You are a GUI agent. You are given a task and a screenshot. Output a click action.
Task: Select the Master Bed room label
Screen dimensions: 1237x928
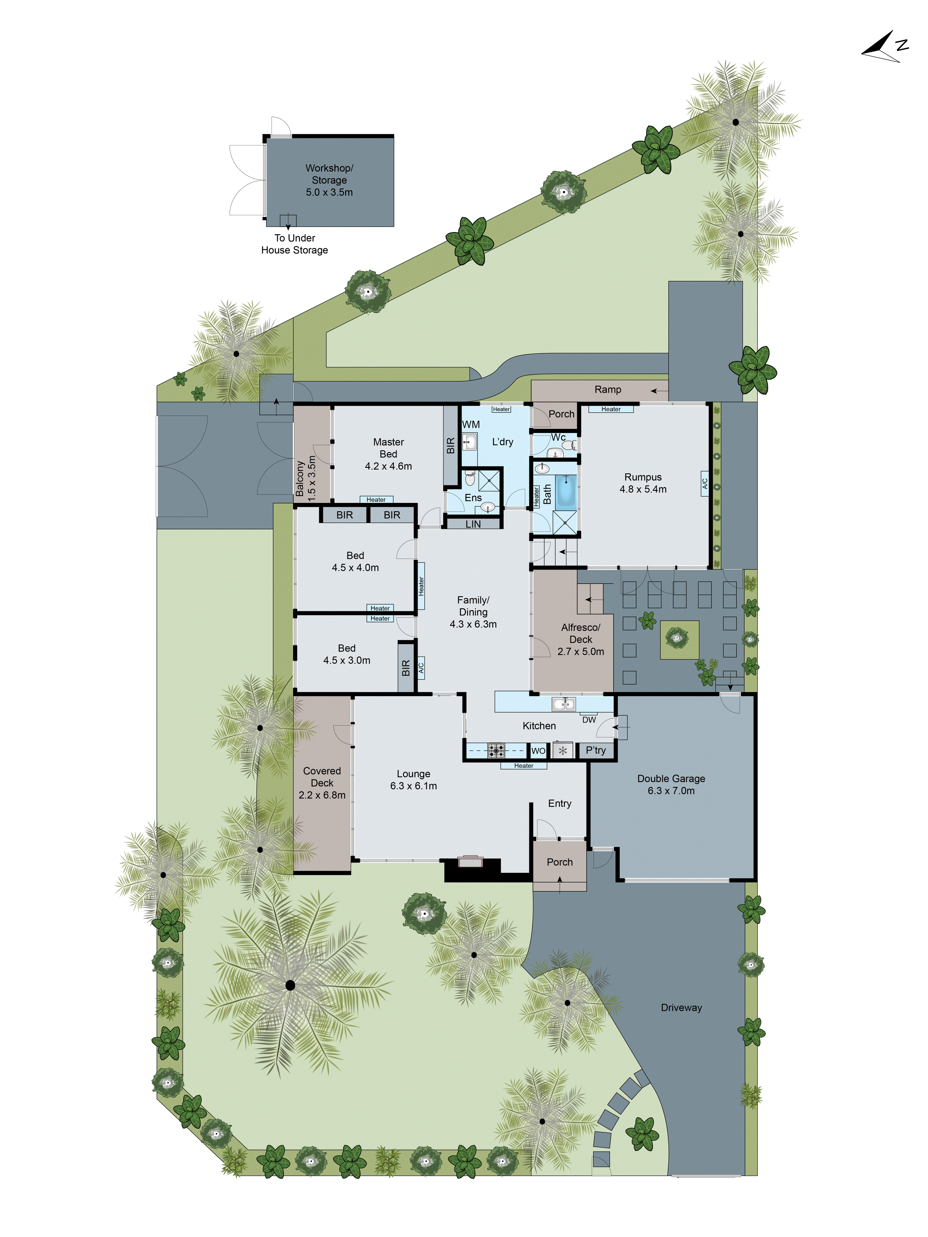click(388, 454)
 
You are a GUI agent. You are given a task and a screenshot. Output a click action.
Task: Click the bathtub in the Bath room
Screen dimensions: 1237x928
click(565, 490)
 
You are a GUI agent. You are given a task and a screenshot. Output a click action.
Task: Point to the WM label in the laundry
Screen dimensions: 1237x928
click(471, 425)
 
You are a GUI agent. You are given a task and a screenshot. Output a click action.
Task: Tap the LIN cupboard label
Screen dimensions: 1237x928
click(473, 524)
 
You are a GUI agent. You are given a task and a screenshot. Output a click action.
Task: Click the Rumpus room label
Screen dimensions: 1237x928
click(643, 483)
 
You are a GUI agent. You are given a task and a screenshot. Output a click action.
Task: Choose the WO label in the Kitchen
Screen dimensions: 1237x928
click(538, 751)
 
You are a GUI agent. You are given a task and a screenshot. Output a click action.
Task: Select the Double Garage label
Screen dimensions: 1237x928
click(671, 784)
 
